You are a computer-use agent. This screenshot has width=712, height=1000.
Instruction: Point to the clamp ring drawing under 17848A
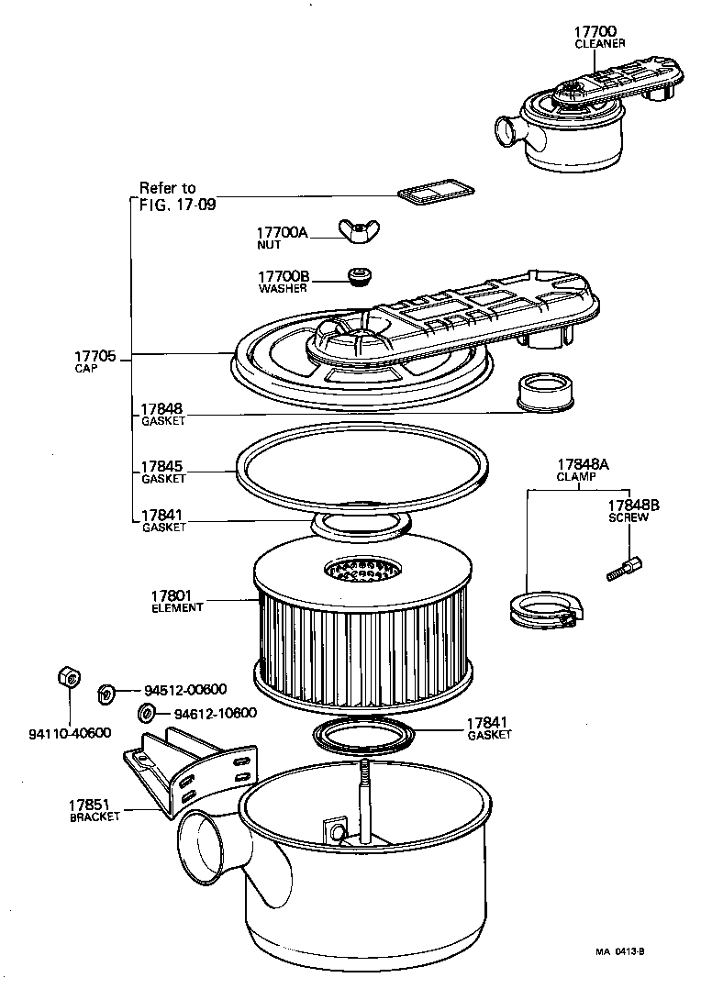tap(540, 610)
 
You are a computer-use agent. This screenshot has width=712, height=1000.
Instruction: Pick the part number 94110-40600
tap(70, 733)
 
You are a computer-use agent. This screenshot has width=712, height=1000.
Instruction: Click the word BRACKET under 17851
tap(95, 817)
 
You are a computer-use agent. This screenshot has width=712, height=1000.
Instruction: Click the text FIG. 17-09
tap(178, 206)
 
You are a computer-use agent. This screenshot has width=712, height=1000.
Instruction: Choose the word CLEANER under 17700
tap(599, 43)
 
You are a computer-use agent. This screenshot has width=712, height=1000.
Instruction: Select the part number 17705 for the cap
tap(95, 356)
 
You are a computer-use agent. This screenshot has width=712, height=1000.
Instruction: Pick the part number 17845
tap(162, 467)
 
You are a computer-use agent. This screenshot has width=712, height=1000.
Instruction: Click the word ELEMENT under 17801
tap(177, 607)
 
